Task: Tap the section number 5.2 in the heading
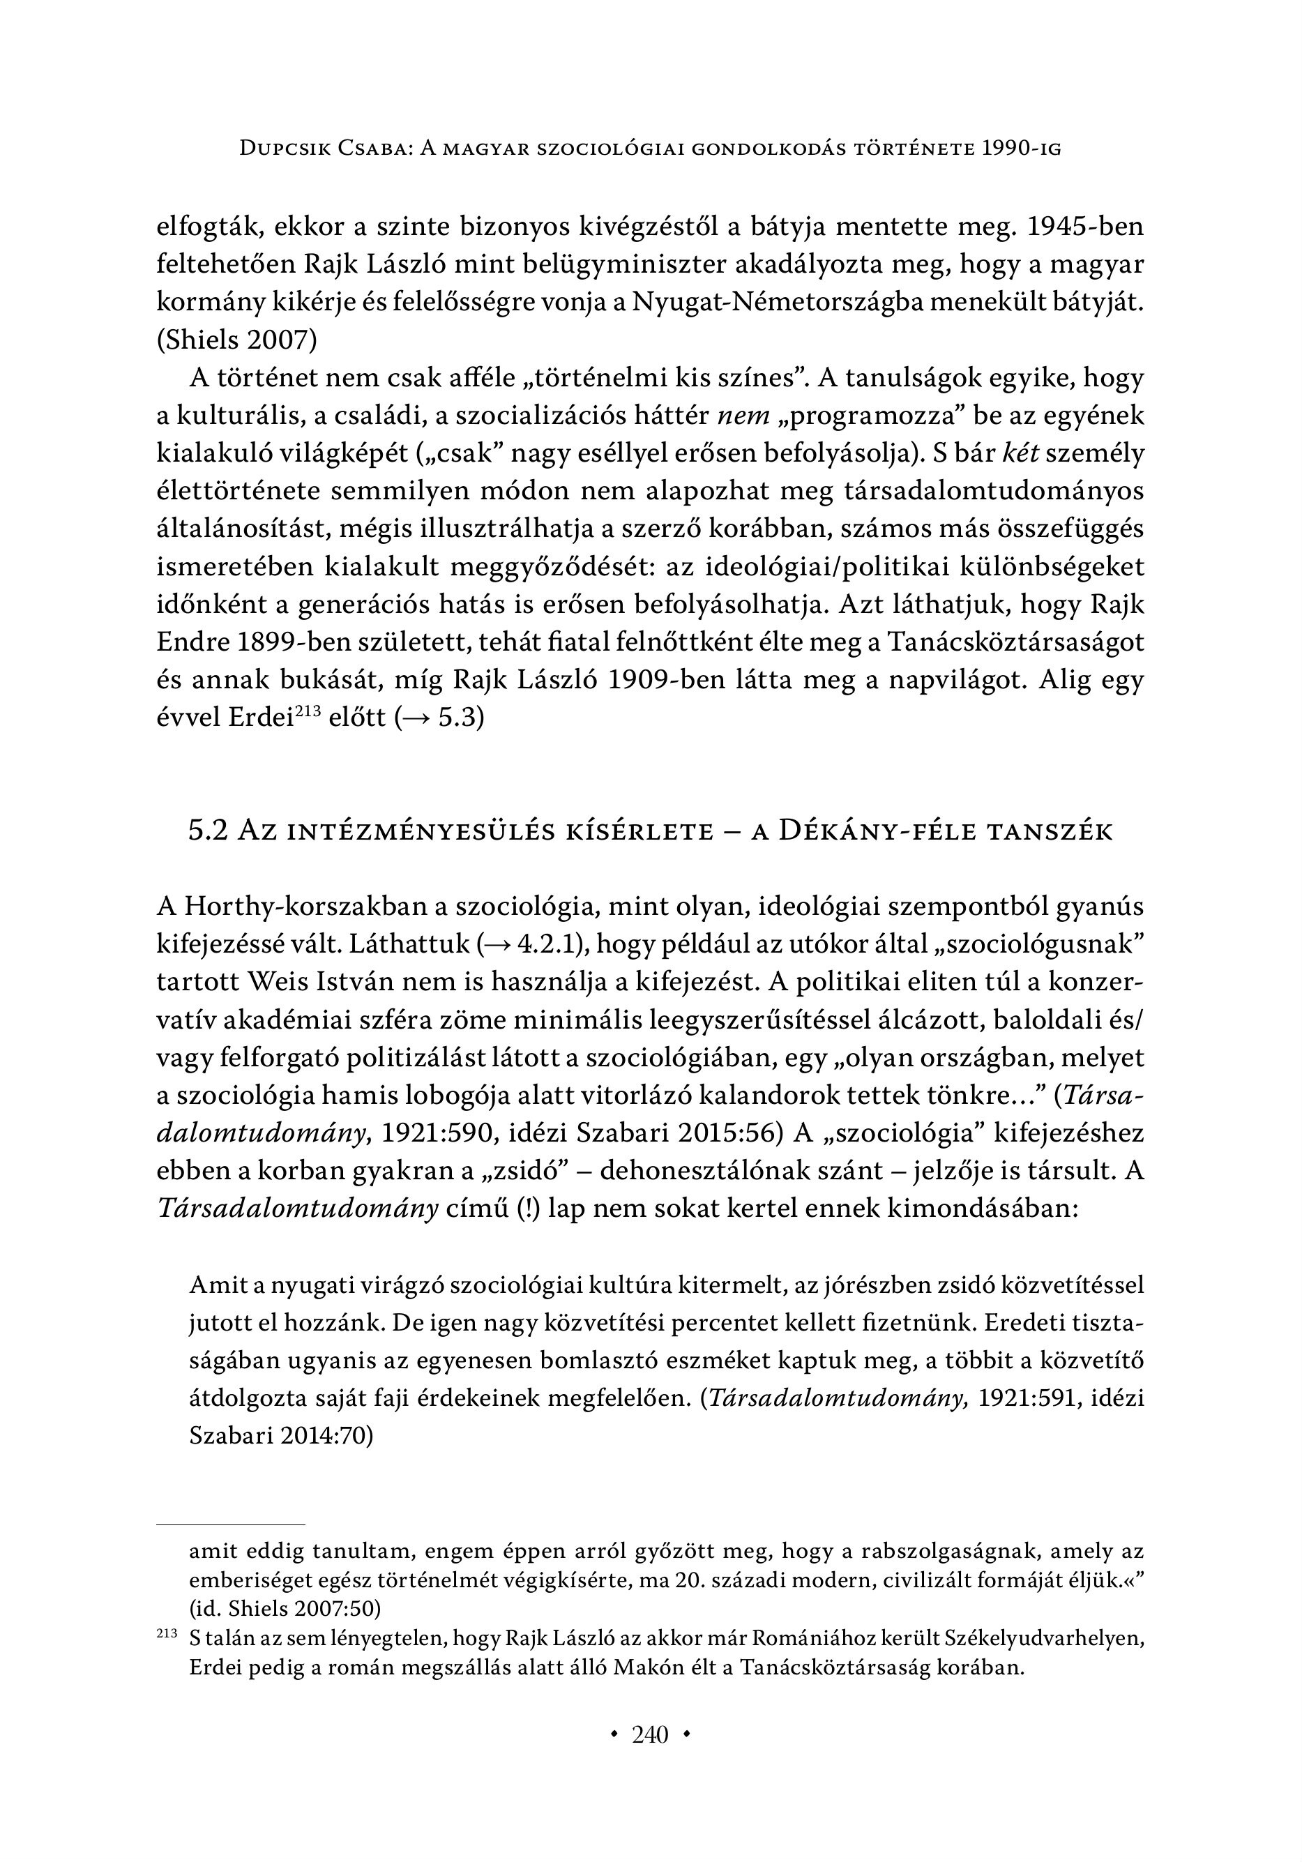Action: click(x=209, y=831)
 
